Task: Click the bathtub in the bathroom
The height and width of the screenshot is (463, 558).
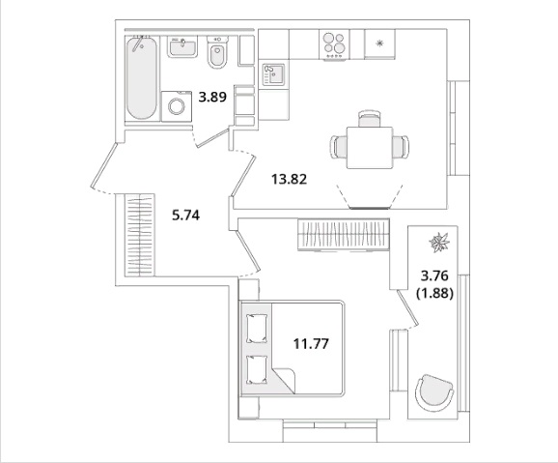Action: pyautogui.click(x=141, y=78)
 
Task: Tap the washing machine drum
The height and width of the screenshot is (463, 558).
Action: pyautogui.click(x=177, y=106)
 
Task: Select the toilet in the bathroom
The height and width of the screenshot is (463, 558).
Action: pyautogui.click(x=217, y=52)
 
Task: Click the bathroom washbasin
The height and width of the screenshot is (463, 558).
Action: pyautogui.click(x=182, y=46)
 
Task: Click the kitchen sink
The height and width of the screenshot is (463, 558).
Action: pyautogui.click(x=273, y=74)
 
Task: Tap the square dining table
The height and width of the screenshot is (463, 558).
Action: pyautogui.click(x=370, y=148)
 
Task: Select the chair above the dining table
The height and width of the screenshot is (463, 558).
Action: pyautogui.click(x=370, y=119)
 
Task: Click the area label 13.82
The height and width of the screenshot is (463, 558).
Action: pyautogui.click(x=289, y=179)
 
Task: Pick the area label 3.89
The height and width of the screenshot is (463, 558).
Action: pyautogui.click(x=212, y=97)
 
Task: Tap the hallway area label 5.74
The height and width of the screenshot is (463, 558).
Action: pyautogui.click(x=185, y=215)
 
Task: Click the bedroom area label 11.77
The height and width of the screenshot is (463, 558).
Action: pyautogui.click(x=311, y=344)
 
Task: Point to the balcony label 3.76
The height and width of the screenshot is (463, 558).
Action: pyautogui.click(x=434, y=275)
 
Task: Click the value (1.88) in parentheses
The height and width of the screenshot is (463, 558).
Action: pyautogui.click(x=434, y=294)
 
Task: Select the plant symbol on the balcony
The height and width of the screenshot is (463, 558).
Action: pyautogui.click(x=439, y=243)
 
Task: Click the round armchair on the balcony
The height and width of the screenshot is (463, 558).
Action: pyautogui.click(x=434, y=392)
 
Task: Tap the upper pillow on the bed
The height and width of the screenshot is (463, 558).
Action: pyautogui.click(x=257, y=329)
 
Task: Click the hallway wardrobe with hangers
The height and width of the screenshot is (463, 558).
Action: pyautogui.click(x=139, y=235)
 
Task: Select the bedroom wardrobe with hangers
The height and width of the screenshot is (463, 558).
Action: pyautogui.click(x=344, y=234)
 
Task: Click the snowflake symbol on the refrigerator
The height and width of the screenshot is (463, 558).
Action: pyautogui.click(x=379, y=43)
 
